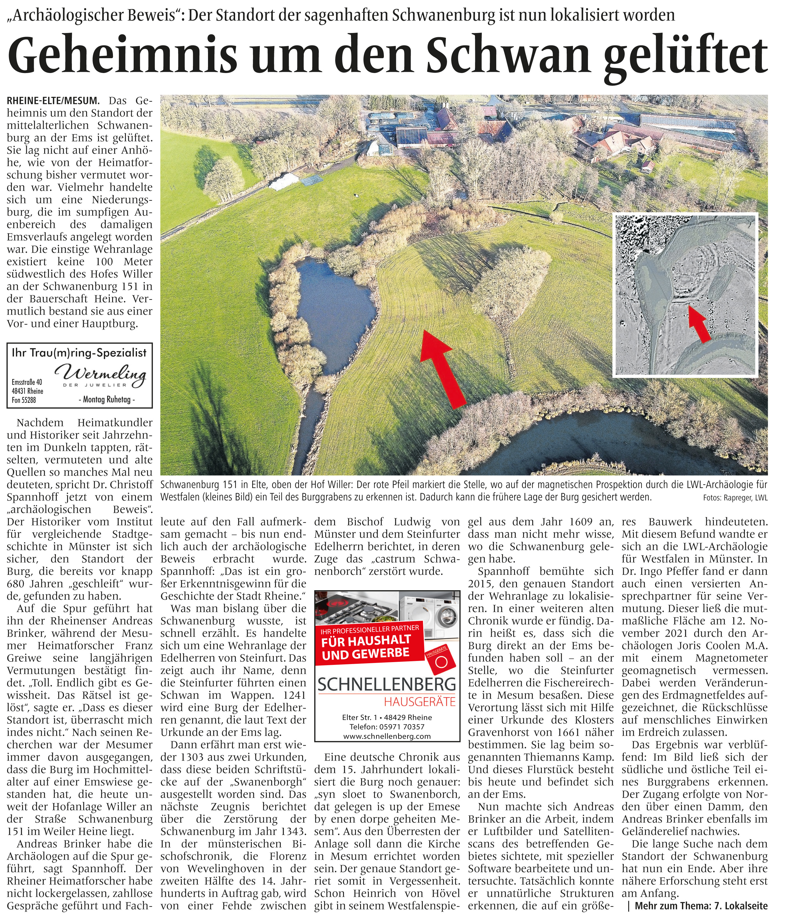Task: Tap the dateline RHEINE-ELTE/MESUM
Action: click(53, 101)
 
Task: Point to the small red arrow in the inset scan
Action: click(700, 324)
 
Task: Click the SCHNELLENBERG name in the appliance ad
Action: click(387, 684)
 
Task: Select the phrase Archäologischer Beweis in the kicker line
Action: click(93, 15)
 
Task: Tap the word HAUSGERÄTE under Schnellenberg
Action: click(420, 702)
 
